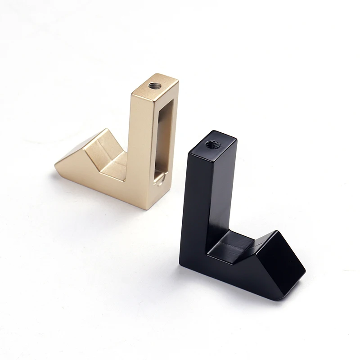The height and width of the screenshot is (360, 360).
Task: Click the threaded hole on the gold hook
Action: click(155, 85)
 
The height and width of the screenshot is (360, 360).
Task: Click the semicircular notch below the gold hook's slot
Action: click(159, 180)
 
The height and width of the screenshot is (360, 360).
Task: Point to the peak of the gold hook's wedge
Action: click(107, 130)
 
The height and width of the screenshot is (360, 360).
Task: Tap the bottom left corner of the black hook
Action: click(181, 263)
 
